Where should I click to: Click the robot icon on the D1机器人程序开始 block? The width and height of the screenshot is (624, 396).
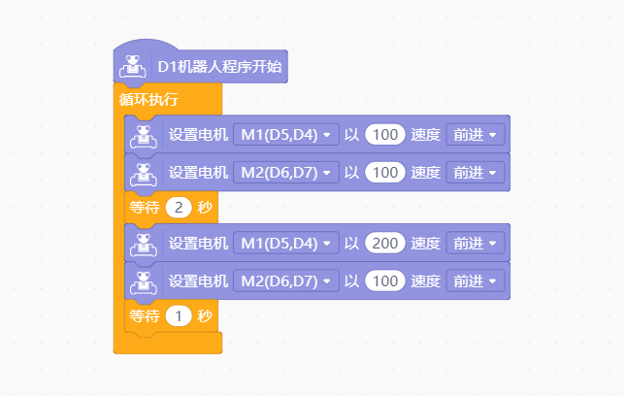tap(133, 66)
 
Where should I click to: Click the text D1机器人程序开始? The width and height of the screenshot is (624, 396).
tap(219, 66)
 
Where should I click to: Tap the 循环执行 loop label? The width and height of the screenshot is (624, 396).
tap(148, 99)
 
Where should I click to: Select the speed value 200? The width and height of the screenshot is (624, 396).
tap(385, 244)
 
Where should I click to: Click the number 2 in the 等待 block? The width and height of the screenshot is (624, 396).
tap(179, 208)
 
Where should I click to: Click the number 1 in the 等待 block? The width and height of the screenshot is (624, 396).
tap(179, 316)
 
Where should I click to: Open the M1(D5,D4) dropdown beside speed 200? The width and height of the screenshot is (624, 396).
tap(286, 244)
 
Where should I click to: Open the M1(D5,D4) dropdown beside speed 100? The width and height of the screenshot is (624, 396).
tap(286, 135)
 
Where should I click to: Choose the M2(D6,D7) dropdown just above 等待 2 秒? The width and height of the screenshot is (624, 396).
tap(286, 173)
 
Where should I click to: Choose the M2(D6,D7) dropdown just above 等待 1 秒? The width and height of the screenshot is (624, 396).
tap(286, 280)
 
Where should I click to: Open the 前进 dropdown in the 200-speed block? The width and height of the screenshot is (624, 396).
tap(476, 244)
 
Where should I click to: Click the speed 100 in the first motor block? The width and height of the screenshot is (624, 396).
tap(385, 135)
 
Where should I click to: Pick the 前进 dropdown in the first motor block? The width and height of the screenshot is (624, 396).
tap(476, 135)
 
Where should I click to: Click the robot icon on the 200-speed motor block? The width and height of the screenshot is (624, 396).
tap(144, 245)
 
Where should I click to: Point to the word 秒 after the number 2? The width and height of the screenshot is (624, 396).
tap(205, 208)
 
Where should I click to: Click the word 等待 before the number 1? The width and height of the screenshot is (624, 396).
tap(144, 316)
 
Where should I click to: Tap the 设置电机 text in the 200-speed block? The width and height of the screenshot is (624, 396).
tap(198, 244)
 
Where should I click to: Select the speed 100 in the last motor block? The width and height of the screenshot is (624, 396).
tap(385, 280)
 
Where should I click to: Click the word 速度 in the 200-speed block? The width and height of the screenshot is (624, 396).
tap(425, 244)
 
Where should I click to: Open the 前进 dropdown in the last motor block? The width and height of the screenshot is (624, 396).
tap(476, 280)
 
